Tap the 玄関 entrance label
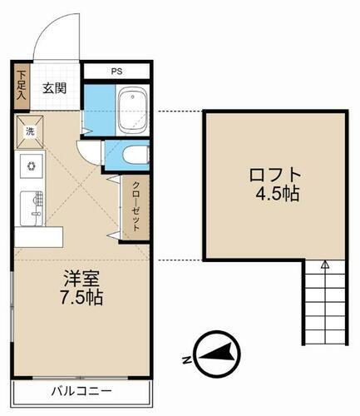[56, 88]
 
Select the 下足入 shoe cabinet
[21, 86]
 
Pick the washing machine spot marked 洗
[29, 131]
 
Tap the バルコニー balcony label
[81, 391]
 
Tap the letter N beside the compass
[185, 359]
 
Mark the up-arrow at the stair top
[325, 265]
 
